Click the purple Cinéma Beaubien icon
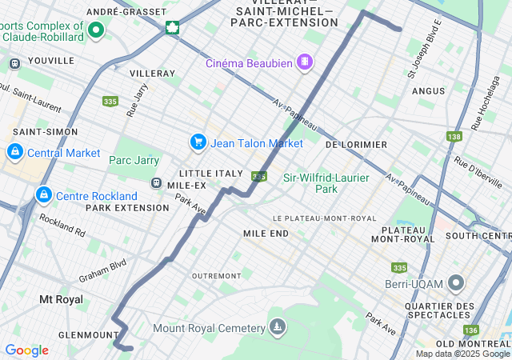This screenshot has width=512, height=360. coord(304,62)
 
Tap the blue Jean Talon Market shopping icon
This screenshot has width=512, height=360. coord(198,142)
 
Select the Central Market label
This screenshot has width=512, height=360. coord(63,153)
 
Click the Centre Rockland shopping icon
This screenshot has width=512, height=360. coord(43,195)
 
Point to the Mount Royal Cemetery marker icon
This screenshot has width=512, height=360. coord(277,327)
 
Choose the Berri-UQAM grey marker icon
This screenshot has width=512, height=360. coord(457,283)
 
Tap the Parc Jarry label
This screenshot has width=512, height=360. coord(134,160)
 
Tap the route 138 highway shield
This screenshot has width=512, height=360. coord(454,137)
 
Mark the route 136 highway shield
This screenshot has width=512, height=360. coord(470,330)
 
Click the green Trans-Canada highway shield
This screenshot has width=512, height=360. coord(172,28)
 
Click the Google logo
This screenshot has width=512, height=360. coord(26,350)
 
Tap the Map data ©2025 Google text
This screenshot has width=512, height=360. coord(462,354)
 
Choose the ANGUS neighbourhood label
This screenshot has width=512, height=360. coord(428,91)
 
